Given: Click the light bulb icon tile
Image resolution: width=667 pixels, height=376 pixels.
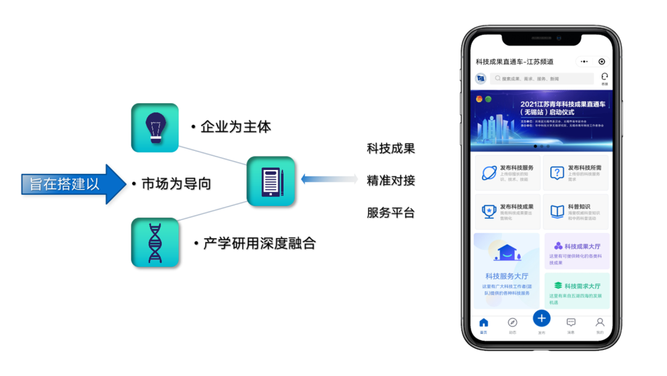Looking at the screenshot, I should coord(154,128).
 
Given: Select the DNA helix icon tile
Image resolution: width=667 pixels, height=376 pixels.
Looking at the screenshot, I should coord(154,242).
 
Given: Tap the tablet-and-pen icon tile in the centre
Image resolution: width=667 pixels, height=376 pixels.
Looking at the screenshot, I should coord(271,181).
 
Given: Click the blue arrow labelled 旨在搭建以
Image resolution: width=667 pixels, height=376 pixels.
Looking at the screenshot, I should coord(74,185).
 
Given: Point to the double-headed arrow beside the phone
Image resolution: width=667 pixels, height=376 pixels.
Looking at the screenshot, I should coord(329,179).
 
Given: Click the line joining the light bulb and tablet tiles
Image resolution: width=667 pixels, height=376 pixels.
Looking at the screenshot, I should coord(212,155).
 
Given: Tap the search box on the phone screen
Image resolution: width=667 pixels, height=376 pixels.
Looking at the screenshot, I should coord(542,79).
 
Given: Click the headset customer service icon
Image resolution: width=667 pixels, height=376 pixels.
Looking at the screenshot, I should coord(605,77).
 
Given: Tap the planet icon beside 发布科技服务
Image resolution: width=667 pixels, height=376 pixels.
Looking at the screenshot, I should coord(489,173).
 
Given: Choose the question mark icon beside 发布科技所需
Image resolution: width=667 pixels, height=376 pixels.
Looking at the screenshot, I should coord(557,173).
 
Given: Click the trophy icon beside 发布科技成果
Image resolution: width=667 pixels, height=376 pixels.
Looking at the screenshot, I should coord(489,211).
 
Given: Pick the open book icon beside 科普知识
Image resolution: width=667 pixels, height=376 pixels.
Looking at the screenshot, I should coord(557,211).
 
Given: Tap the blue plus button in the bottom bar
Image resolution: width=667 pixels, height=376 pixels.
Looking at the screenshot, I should coord(542,318).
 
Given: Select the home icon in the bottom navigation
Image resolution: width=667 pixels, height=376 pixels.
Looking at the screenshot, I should coord(484,323).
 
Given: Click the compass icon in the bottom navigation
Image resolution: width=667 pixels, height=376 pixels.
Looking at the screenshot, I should coord(512,323).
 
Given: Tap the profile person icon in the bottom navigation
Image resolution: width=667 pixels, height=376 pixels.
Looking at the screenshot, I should coord(600,323).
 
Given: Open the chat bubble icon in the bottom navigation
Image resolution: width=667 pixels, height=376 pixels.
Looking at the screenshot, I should coord(571,323).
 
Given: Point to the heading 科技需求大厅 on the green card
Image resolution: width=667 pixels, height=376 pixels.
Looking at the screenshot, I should coord(582,286).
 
